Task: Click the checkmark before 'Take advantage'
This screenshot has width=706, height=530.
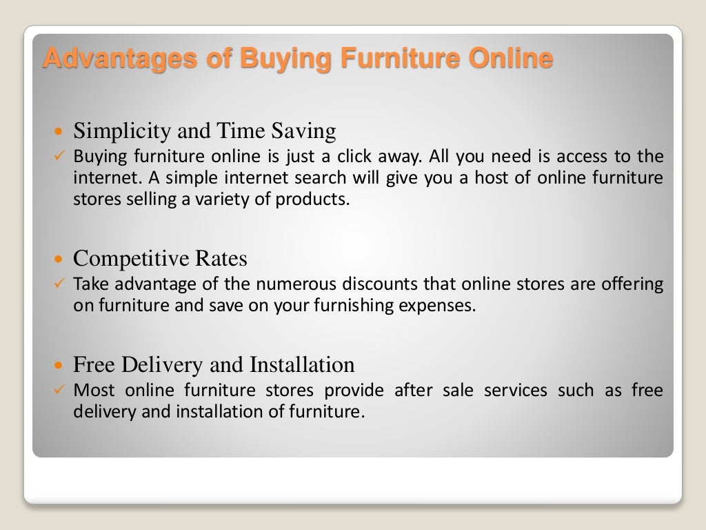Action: point(59,283)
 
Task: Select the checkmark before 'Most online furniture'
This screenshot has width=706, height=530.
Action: point(59,389)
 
